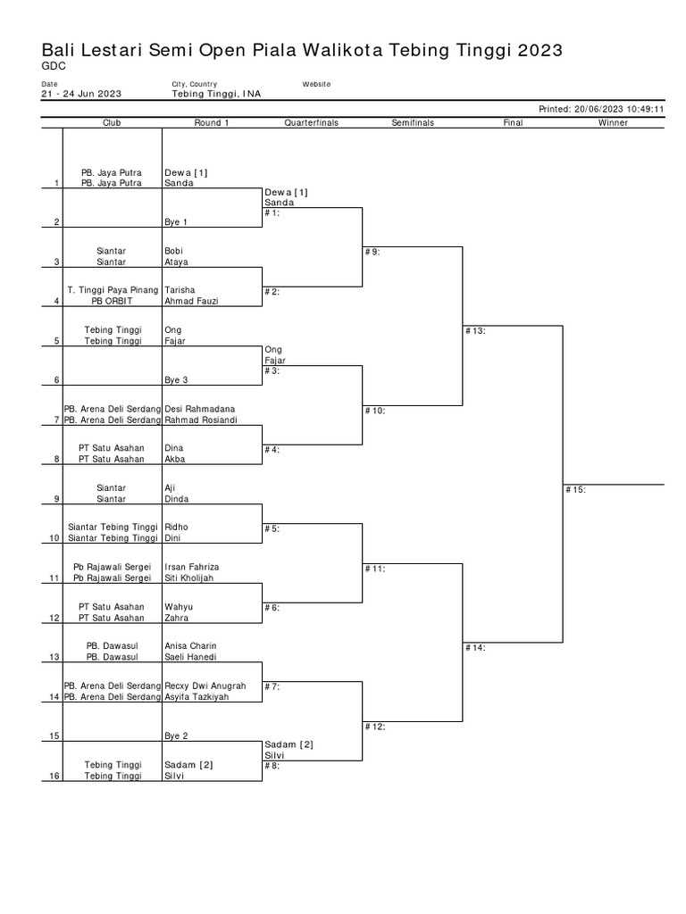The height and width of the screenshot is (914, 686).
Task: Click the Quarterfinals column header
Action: click(311, 123)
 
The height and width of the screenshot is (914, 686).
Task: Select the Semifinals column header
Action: click(413, 123)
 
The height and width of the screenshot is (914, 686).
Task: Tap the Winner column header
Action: click(613, 123)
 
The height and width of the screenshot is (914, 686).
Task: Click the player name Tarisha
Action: click(180, 291)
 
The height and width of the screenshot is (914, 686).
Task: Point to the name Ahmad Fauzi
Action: click(190, 302)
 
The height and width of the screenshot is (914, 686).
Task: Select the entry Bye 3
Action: click(176, 380)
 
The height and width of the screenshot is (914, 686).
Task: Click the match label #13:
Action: click(475, 331)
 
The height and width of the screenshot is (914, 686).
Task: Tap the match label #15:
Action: click(575, 489)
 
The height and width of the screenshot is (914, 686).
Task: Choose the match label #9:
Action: click(372, 253)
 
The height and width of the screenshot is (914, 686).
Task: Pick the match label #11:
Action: click(375, 568)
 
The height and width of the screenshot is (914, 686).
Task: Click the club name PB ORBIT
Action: click(113, 302)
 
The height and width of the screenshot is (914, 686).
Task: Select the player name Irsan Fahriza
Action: click(192, 568)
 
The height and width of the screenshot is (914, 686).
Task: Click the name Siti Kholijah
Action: click(189, 578)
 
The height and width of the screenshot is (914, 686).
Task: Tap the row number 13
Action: click(54, 658)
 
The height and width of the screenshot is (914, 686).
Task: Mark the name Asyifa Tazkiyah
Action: click(197, 697)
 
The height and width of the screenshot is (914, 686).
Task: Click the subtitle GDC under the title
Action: click(53, 66)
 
